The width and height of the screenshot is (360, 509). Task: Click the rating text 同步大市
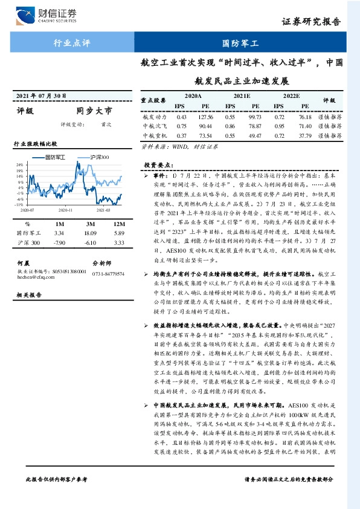tap(94, 111)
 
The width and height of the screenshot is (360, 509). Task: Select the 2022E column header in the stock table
tap(291, 96)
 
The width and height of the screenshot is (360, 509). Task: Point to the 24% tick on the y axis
tap(21, 164)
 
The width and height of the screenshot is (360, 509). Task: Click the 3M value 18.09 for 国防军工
tap(90, 233)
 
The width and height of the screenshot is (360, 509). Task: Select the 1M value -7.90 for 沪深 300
tap(59, 242)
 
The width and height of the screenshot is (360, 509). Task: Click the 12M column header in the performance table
tap(118, 223)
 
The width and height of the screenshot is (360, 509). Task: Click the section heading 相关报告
tap(28, 294)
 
